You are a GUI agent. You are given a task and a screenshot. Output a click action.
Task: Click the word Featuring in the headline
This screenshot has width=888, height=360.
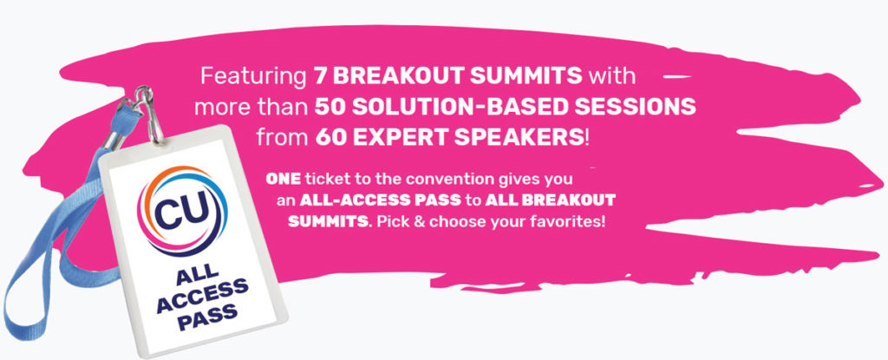click(x=253, y=76)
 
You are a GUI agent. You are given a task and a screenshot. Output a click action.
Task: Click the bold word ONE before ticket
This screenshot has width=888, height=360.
click(x=284, y=180)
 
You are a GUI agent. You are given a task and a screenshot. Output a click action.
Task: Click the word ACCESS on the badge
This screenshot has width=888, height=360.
click(x=203, y=297)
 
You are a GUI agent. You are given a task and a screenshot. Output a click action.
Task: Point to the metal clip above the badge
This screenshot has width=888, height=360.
click(x=149, y=114)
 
